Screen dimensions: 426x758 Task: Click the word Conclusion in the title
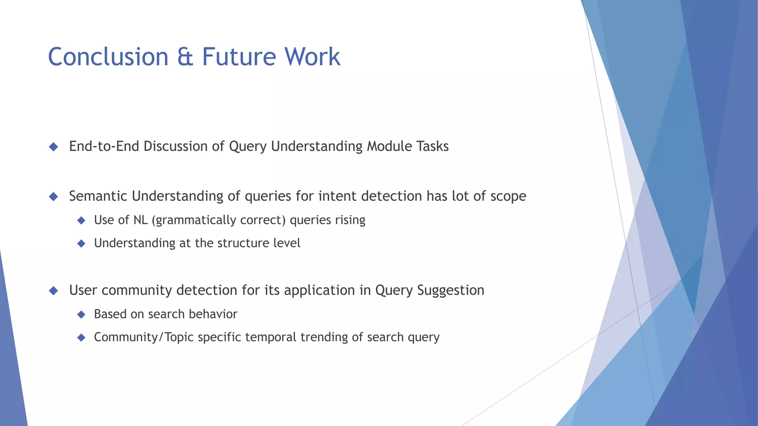[108, 57]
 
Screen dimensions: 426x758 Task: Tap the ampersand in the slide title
[185, 57]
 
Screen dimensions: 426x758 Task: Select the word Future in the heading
[239, 57]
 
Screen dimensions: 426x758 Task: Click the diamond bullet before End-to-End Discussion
[54, 147]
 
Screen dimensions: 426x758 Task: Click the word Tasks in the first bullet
[432, 146]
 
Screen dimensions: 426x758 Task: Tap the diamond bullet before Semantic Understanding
[54, 196]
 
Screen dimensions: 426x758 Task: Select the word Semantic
[98, 196]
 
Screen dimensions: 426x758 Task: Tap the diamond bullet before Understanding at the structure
[81, 243]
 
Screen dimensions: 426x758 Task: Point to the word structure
[244, 243]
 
